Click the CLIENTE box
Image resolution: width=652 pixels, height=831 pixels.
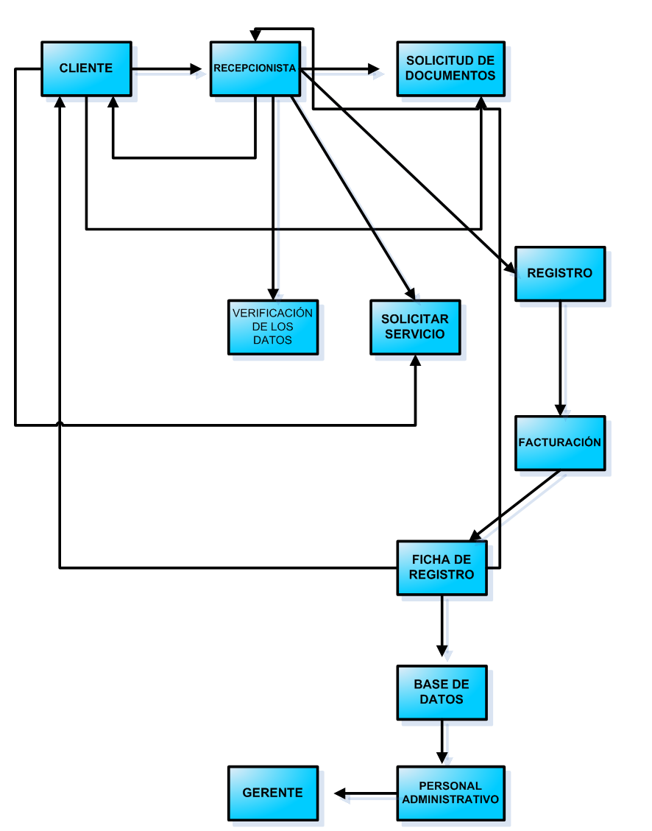tap(86, 68)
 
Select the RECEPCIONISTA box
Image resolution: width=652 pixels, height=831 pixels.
tap(255, 68)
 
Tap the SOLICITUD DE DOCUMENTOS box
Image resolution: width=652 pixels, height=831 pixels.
tap(450, 68)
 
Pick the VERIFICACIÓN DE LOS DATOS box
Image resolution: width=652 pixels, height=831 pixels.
tap(272, 327)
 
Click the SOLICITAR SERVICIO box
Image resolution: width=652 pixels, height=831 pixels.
tap(415, 327)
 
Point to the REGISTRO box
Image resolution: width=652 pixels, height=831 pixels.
tap(559, 273)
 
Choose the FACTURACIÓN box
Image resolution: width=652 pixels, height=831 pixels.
tap(559, 442)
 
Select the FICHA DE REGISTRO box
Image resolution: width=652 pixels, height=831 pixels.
tap(442, 567)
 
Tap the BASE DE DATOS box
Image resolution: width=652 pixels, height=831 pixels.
tap(442, 692)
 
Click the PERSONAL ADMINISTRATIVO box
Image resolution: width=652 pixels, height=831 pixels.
tap(450, 793)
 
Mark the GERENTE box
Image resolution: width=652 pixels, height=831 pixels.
tap(272, 793)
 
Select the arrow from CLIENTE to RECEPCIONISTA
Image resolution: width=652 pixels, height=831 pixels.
tap(166, 69)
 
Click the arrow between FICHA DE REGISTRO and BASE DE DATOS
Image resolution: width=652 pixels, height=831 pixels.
tap(442, 626)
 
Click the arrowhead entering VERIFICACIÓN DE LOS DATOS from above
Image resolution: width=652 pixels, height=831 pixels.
tap(273, 292)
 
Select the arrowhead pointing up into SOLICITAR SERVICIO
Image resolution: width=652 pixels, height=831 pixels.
tap(416, 361)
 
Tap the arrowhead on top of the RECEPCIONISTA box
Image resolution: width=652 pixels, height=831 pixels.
tap(255, 35)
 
